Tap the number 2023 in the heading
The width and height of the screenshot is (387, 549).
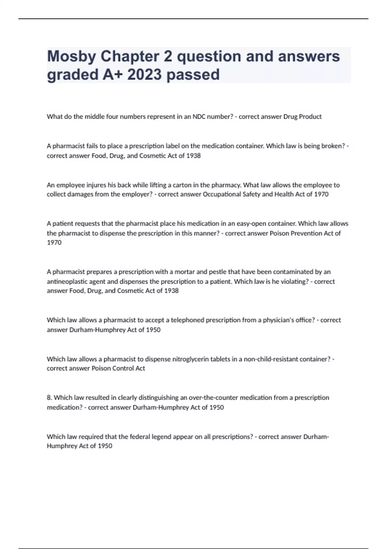click(x=144, y=75)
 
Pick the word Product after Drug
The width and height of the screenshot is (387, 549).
click(x=310, y=117)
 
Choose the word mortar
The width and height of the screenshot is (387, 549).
click(x=185, y=272)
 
